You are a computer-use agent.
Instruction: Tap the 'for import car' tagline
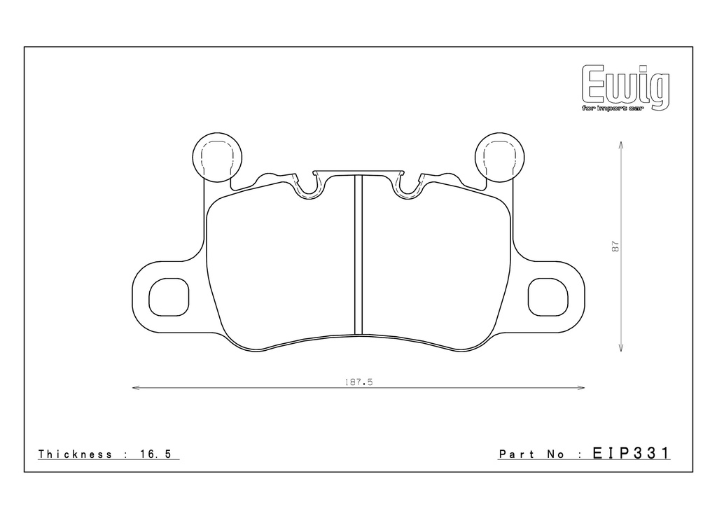tap(613, 109)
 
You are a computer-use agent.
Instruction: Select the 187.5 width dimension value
tap(359, 382)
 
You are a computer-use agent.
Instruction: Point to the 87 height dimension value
tap(616, 246)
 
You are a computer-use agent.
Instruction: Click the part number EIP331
tap(631, 453)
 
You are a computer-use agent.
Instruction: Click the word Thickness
tap(75, 454)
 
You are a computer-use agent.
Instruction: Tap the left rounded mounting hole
tap(169, 297)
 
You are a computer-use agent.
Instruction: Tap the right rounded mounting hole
tap(548, 297)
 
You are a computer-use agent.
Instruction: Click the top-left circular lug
tap(217, 158)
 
